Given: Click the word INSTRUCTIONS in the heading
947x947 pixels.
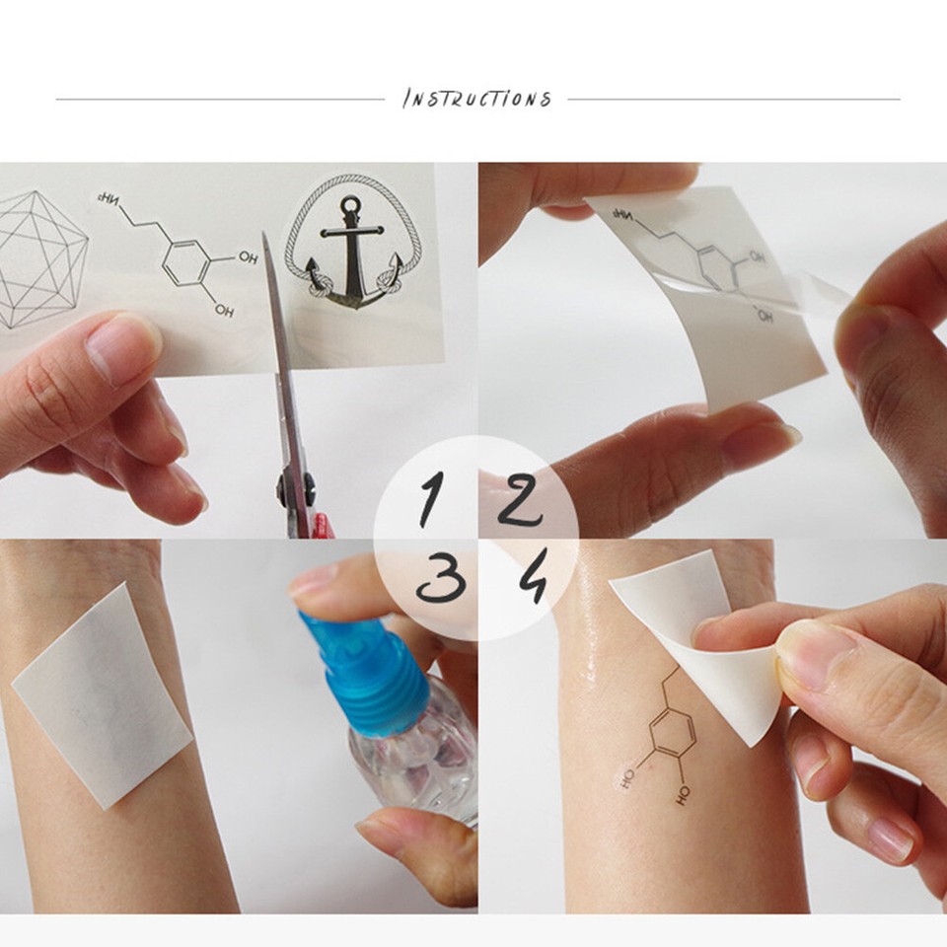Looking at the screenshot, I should (x=476, y=99).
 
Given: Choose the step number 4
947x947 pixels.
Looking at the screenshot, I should (x=533, y=577).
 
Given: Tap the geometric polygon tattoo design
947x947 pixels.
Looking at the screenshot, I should (x=39, y=258).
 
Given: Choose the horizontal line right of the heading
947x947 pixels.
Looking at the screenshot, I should (x=734, y=99).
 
